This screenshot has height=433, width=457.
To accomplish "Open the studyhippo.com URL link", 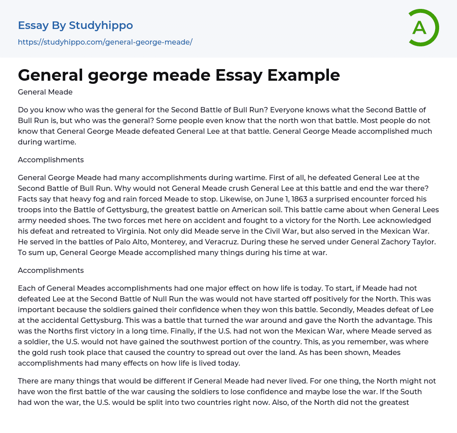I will coord(105,42).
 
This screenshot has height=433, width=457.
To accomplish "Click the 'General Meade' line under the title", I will coord(45,92).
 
